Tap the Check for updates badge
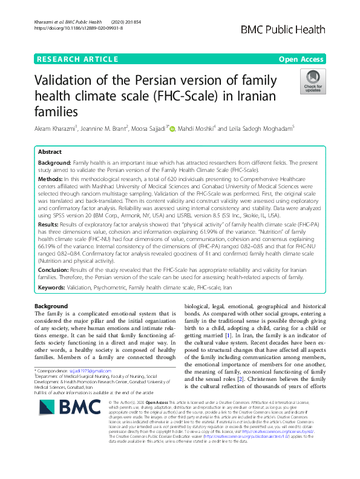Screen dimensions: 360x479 point(313,82)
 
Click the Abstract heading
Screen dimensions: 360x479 point(50,153)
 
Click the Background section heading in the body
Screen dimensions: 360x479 point(51,306)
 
